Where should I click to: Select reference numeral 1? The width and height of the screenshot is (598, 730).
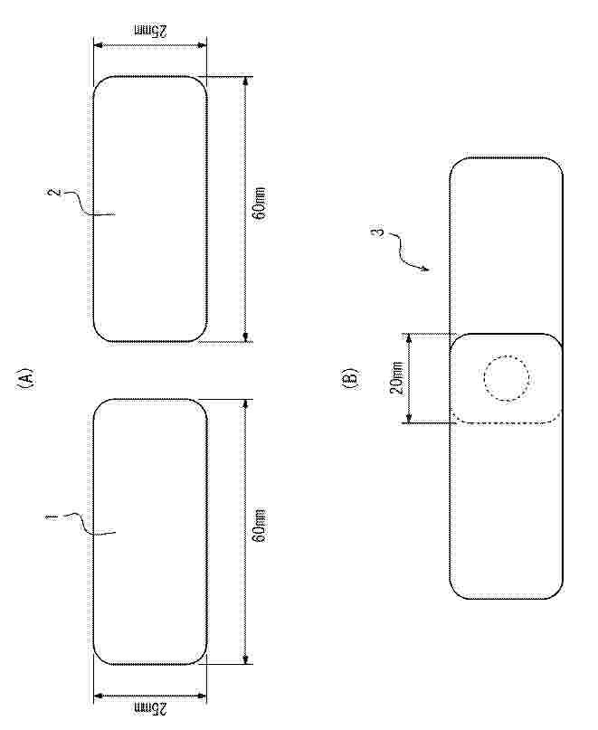[52, 517]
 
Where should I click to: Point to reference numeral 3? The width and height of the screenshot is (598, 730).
[380, 231]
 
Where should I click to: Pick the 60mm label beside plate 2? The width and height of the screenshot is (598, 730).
[261, 204]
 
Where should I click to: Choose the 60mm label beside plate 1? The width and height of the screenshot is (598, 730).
[261, 526]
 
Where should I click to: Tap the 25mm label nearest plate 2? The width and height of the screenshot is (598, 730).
[150, 31]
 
